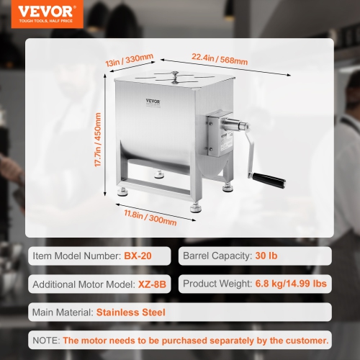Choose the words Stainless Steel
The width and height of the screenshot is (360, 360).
(132, 312)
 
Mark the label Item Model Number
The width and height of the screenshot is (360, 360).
(73, 256)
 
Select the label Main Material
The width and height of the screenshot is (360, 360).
(62, 312)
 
